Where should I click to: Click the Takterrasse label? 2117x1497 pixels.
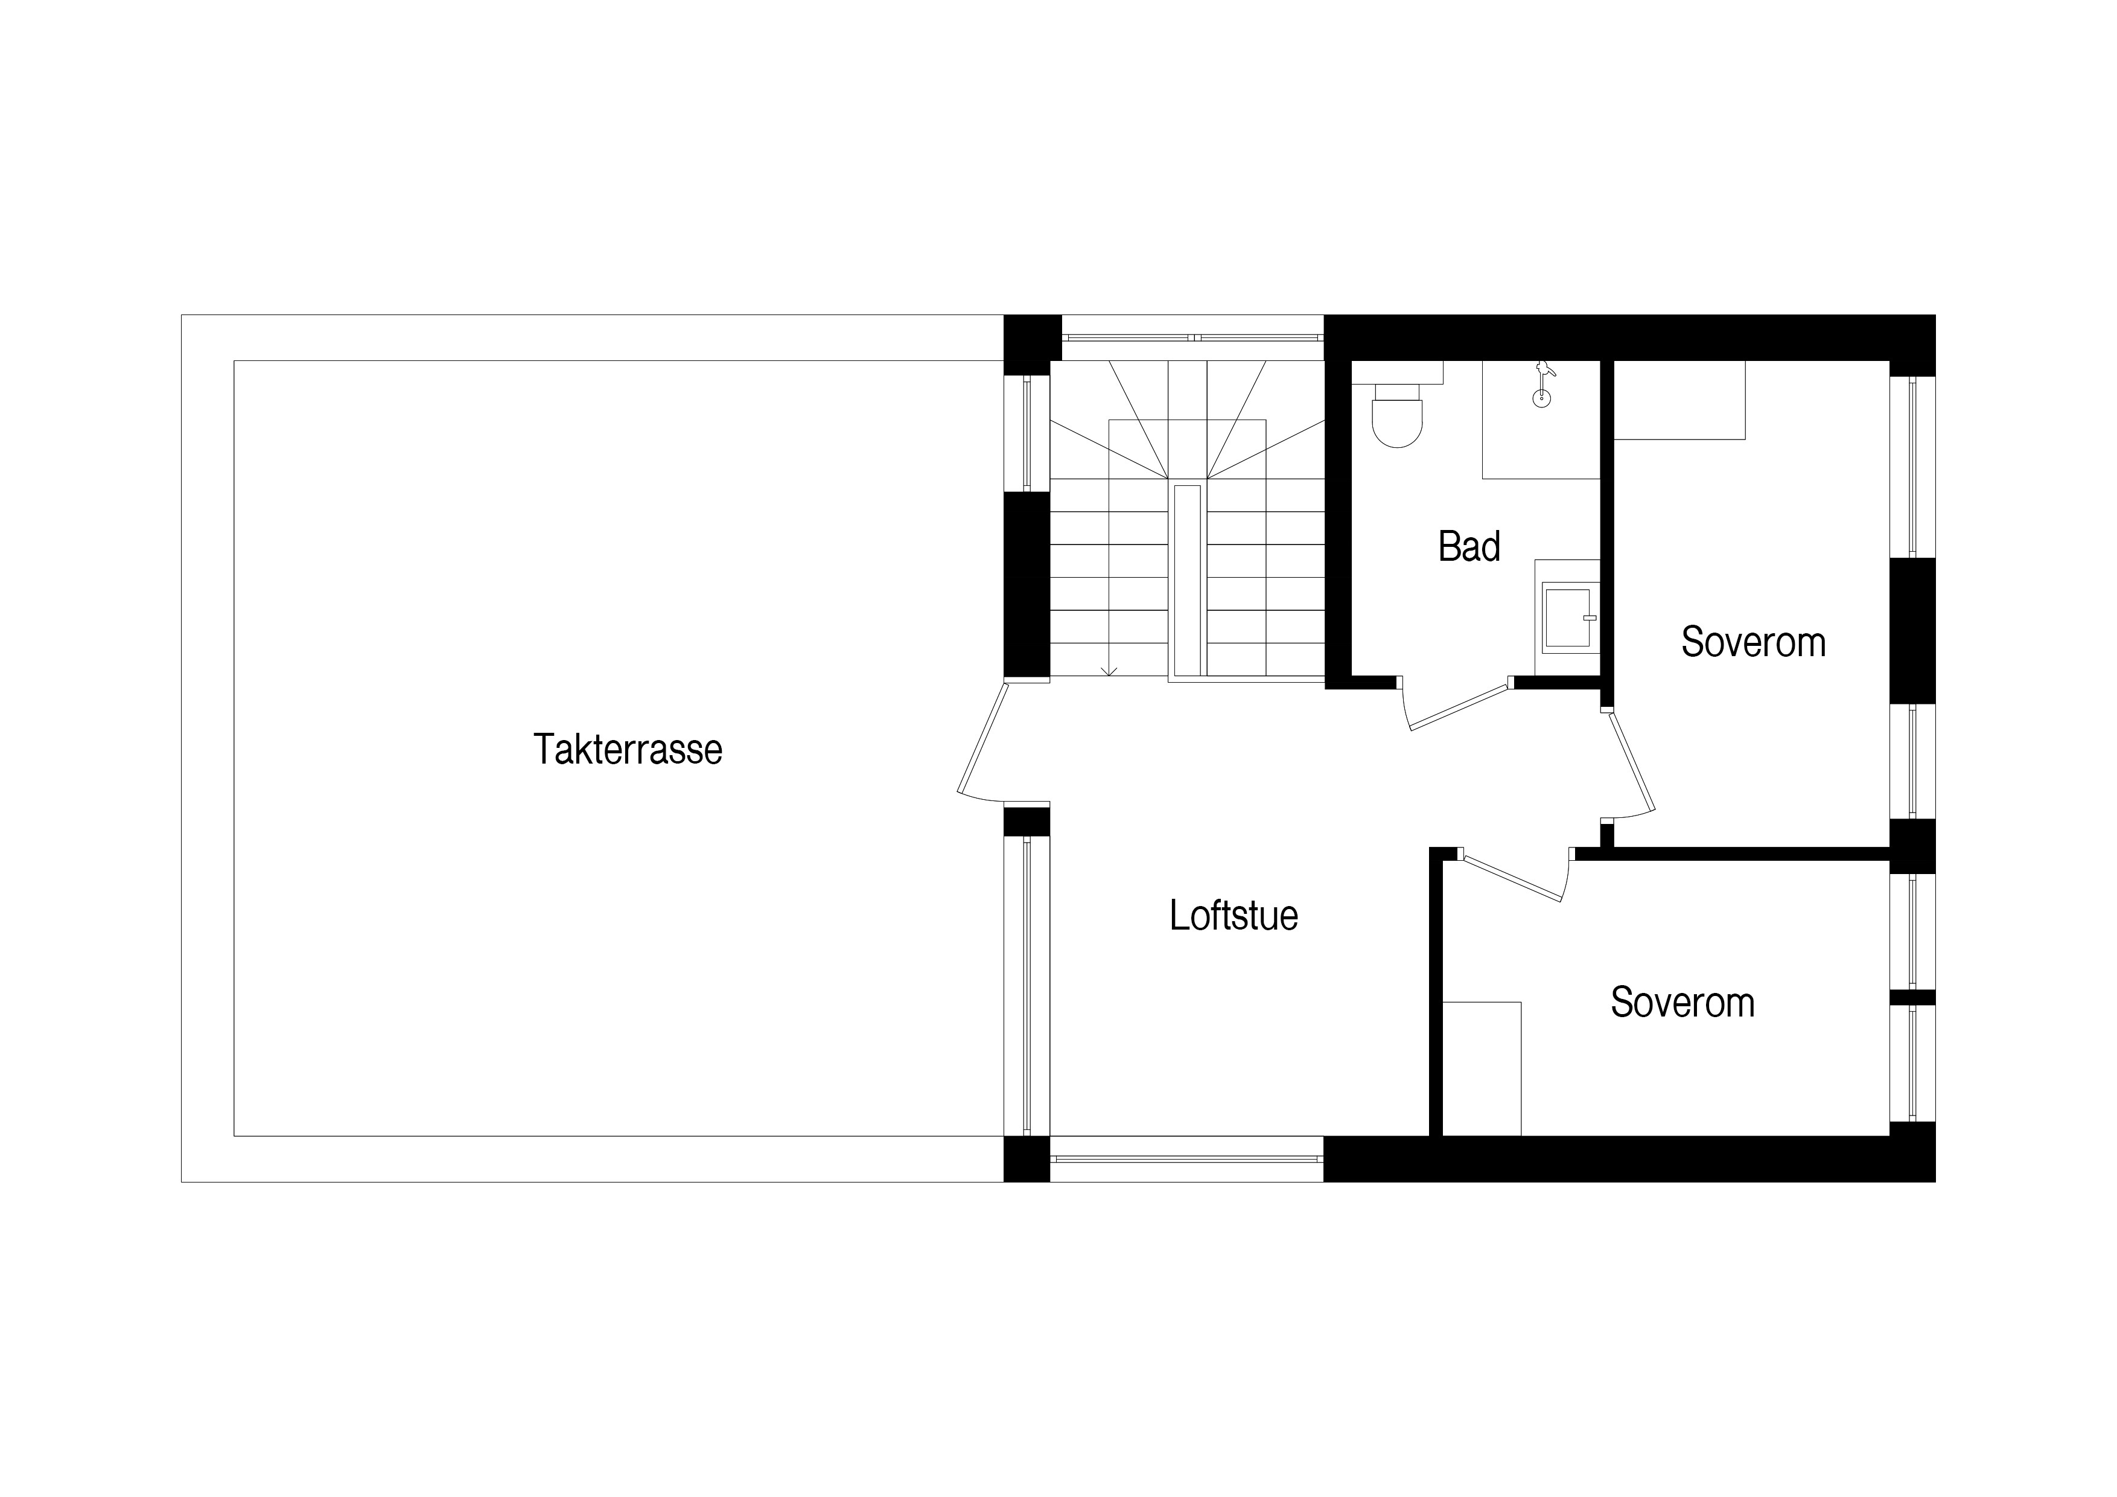[x=628, y=749]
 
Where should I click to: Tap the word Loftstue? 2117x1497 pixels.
[x=1234, y=915]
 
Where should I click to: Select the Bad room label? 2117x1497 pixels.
[x=1469, y=546]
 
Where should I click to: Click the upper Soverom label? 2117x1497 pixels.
[x=1752, y=642]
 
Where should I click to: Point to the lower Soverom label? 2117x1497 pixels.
[x=1682, y=1003]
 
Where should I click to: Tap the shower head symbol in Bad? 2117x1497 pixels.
[x=1542, y=385]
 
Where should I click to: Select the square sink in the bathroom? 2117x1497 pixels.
[x=1568, y=617]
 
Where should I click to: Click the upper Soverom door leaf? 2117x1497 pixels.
[x=1630, y=762]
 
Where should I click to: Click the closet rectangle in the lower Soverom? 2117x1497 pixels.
[x=1482, y=1068]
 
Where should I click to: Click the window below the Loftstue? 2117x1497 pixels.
[x=1186, y=1158]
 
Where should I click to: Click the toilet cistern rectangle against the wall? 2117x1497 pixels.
[x=1397, y=372]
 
